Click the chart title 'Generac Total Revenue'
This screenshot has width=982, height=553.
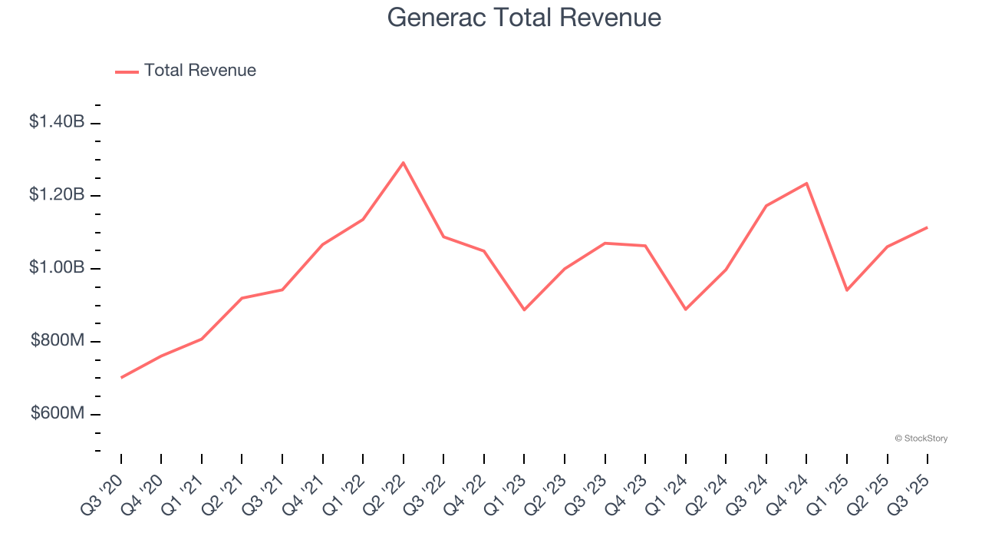(x=524, y=17)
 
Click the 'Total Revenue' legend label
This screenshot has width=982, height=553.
(x=199, y=71)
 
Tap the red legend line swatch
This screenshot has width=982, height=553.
(x=127, y=71)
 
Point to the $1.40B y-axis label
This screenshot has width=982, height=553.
(x=57, y=121)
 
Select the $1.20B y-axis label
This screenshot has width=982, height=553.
(x=57, y=194)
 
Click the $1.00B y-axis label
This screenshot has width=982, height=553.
(x=57, y=267)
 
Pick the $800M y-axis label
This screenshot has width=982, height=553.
(x=57, y=340)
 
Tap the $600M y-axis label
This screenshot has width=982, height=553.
(x=57, y=413)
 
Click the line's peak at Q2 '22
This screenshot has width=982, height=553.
(x=404, y=163)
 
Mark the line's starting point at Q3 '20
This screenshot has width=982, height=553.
(x=121, y=377)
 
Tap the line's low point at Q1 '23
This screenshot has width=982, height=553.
(x=524, y=310)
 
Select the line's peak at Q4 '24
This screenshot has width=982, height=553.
(x=806, y=183)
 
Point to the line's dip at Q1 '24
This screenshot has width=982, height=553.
(x=685, y=310)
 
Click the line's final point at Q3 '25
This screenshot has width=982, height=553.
(x=927, y=227)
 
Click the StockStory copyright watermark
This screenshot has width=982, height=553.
(x=921, y=439)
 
